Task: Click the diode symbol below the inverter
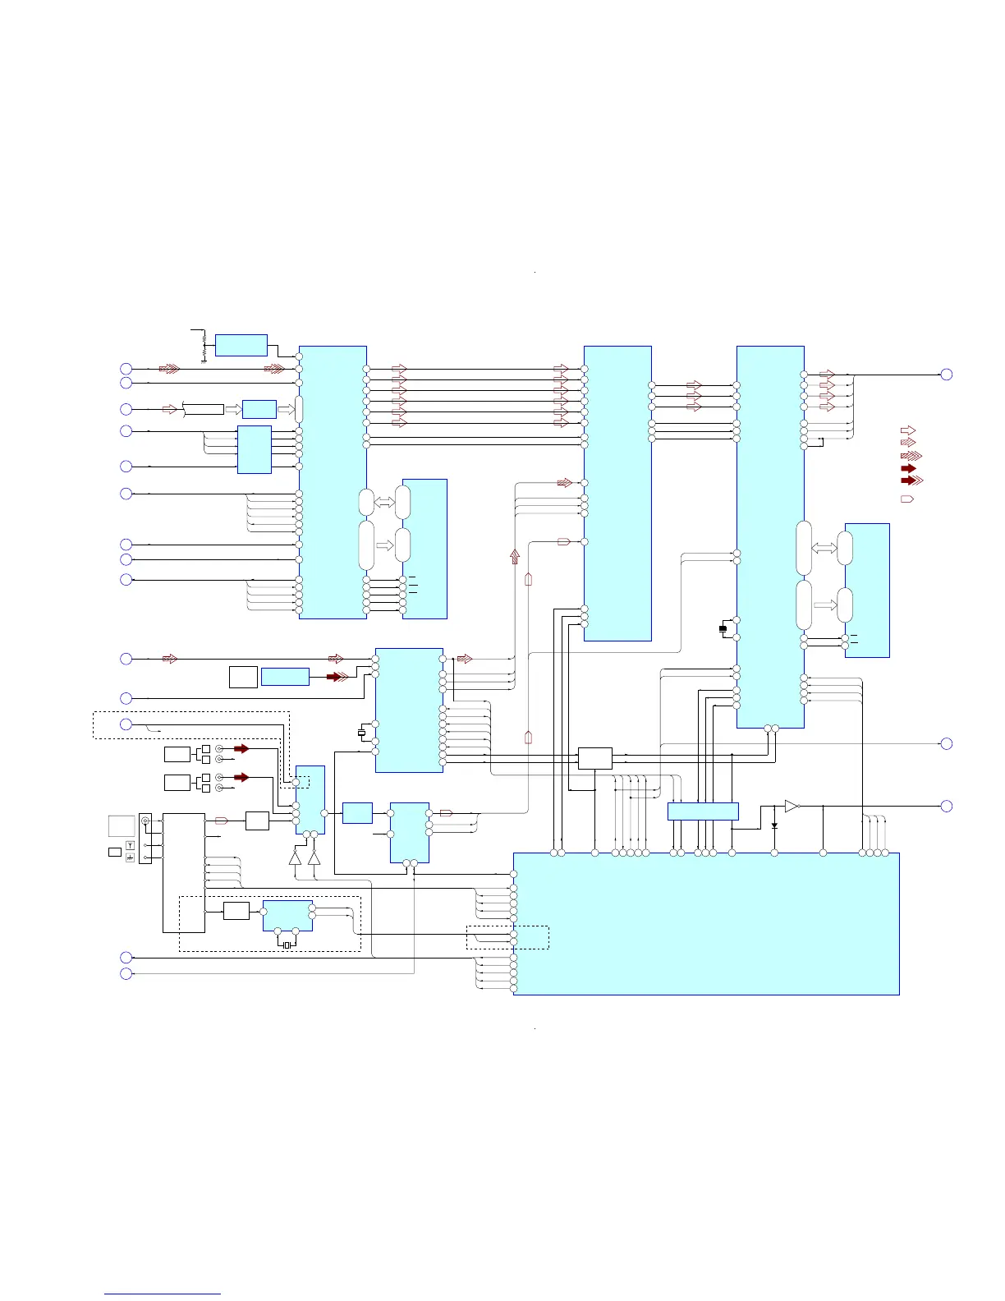774,825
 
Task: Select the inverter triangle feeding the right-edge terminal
792,807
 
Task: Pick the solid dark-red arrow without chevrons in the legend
908,468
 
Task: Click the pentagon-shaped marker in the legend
907,499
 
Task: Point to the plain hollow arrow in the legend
908,430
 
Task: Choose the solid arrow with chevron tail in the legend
911,480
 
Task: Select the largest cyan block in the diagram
706,923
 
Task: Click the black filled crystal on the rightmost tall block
723,629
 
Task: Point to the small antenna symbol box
130,845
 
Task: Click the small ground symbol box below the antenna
130,857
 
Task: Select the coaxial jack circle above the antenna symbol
145,821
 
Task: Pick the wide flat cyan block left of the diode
703,811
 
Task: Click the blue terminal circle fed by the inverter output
946,807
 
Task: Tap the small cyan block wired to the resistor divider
241,345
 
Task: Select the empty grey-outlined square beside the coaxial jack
122,825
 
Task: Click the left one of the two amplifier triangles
296,857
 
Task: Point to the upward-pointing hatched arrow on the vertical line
515,557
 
